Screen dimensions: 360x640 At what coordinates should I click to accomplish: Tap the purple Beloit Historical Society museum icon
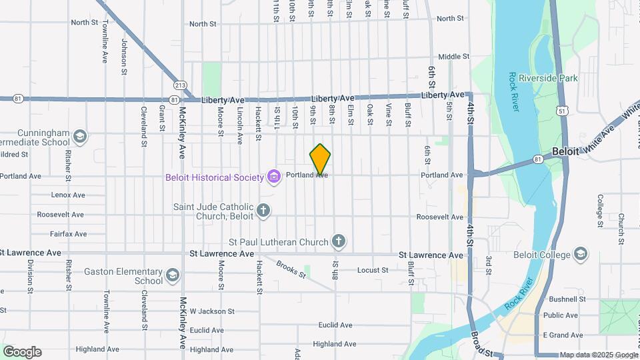tap(273, 176)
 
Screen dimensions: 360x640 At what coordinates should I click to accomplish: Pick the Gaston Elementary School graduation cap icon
tap(173, 275)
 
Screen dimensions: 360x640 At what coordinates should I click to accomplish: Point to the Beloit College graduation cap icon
tap(581, 254)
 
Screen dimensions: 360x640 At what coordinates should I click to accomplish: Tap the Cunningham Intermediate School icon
tap(80, 137)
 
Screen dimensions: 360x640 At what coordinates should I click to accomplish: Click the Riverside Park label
tap(551, 78)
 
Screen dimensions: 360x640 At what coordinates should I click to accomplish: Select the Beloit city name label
tap(565, 151)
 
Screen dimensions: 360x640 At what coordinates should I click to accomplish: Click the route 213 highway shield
tap(180, 85)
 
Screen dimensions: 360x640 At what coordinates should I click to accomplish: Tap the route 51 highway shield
tap(563, 111)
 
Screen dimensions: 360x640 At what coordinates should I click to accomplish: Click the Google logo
tap(22, 352)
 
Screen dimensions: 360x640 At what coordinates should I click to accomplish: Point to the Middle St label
tap(453, 57)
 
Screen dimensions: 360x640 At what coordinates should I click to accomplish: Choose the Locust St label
tap(372, 270)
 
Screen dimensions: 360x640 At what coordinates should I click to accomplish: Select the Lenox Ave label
tap(68, 195)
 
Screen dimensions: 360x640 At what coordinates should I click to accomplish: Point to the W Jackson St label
tap(212, 311)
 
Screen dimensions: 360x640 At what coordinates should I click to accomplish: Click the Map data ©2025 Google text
tap(598, 355)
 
